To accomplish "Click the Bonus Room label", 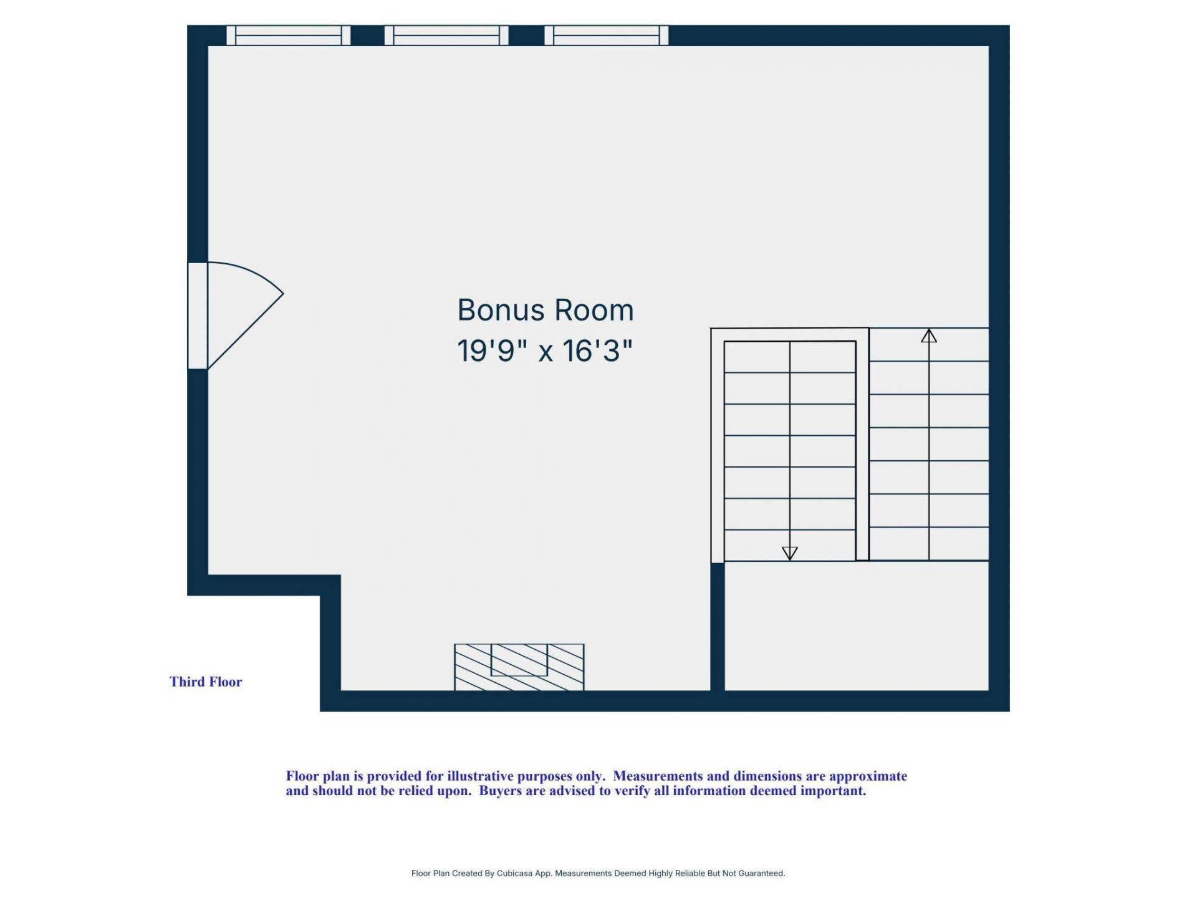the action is pos(546,310).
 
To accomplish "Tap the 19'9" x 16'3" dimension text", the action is pos(545,350).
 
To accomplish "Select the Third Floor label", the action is pos(206,682).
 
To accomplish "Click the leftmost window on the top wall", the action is pos(289,36).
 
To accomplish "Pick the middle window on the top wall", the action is pos(446,36).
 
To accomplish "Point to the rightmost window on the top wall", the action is pos(607,36).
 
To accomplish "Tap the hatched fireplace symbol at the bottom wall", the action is pos(519,667).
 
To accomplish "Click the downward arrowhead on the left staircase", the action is pos(790,553).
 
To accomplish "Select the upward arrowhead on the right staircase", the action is pos(929,336).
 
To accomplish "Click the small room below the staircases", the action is pos(857,625).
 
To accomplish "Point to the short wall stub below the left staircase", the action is pos(718,627).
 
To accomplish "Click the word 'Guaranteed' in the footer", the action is pos(761,874).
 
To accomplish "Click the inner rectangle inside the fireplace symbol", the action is pos(519,660).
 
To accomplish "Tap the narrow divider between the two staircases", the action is pos(863,445).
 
